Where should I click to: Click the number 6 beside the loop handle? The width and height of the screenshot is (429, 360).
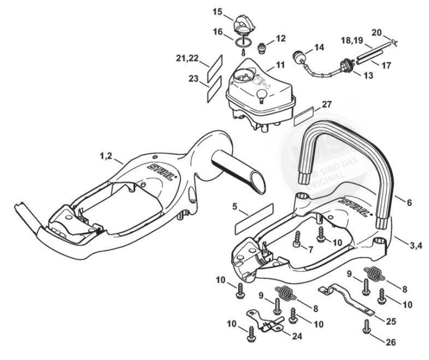tap(409, 204)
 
